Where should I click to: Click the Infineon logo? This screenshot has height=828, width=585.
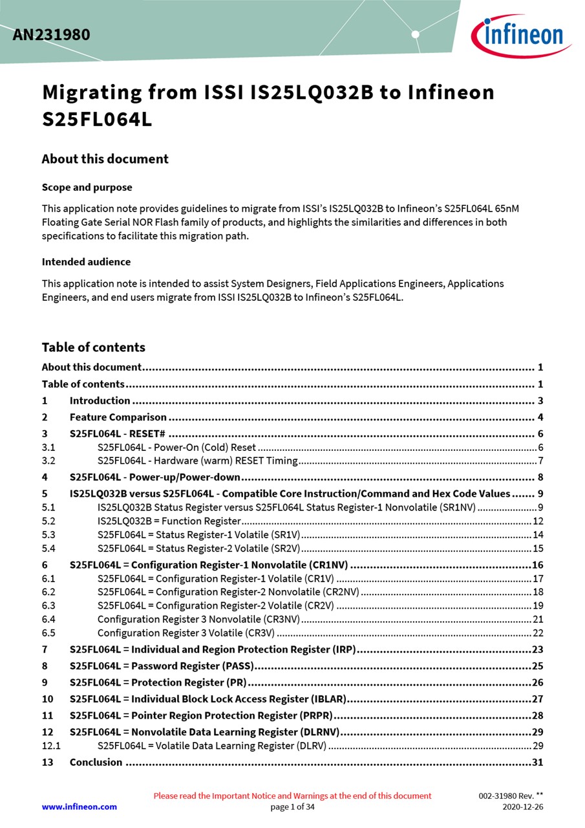click(521, 36)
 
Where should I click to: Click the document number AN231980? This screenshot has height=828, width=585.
click(51, 35)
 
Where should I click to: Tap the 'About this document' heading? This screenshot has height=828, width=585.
click(105, 159)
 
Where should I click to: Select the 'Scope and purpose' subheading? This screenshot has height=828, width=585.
click(87, 188)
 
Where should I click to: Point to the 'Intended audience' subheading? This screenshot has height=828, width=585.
click(86, 262)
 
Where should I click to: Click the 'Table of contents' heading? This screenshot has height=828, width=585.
click(93, 347)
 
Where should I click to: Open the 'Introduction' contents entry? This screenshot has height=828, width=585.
click(100, 400)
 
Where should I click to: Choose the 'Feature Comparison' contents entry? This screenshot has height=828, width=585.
click(118, 417)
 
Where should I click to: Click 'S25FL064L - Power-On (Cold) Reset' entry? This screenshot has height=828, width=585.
click(176, 448)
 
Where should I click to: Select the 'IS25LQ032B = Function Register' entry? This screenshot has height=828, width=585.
click(169, 521)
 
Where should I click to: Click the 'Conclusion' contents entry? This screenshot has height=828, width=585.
click(96, 762)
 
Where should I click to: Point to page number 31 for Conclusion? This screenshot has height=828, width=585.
click(537, 762)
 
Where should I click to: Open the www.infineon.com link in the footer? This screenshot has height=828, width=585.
click(80, 807)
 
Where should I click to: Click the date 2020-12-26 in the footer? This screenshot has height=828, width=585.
click(523, 807)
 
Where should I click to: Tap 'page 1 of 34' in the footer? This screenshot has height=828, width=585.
click(292, 807)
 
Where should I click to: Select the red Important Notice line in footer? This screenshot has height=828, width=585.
click(292, 796)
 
